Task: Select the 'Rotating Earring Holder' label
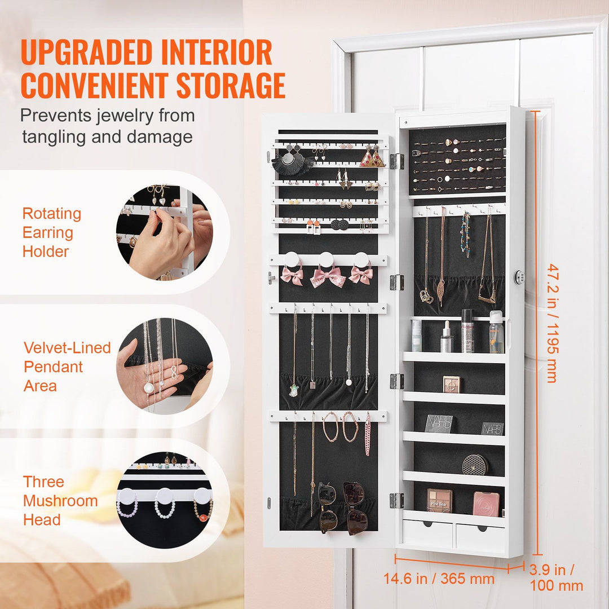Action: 52,232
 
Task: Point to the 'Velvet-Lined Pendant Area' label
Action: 67,367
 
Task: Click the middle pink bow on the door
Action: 328,276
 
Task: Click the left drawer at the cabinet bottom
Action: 427,533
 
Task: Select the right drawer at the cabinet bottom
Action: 480,535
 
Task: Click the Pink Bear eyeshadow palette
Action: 439,500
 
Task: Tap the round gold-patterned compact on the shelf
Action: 475,465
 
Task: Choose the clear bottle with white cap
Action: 496,333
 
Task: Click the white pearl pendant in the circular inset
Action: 149,388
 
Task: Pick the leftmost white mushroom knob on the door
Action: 292,259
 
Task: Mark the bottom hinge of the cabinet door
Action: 397,500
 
